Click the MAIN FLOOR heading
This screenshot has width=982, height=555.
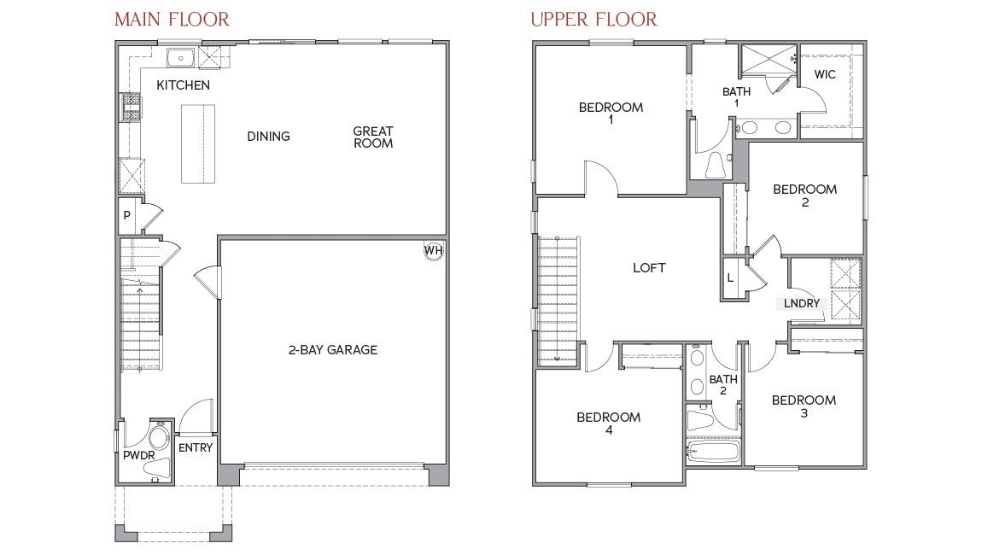(172, 19)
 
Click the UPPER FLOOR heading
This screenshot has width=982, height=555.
(593, 19)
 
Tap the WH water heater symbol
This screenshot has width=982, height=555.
(434, 250)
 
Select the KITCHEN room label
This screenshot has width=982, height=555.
(183, 85)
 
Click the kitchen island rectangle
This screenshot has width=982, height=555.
(196, 143)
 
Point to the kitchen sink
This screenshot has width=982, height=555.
(180, 58)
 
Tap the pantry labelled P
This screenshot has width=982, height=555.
(127, 216)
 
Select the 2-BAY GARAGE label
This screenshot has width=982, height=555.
(332, 349)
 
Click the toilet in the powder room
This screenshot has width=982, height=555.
(159, 439)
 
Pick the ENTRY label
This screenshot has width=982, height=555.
(196, 447)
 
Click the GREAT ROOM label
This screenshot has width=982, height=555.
(373, 137)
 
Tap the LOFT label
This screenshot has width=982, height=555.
(649, 268)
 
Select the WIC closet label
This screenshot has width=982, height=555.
(824, 74)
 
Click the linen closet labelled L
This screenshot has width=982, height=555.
(730, 278)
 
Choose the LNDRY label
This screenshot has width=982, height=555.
(802, 303)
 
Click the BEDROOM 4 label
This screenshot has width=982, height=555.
(608, 424)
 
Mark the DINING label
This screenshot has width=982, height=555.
(268, 137)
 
